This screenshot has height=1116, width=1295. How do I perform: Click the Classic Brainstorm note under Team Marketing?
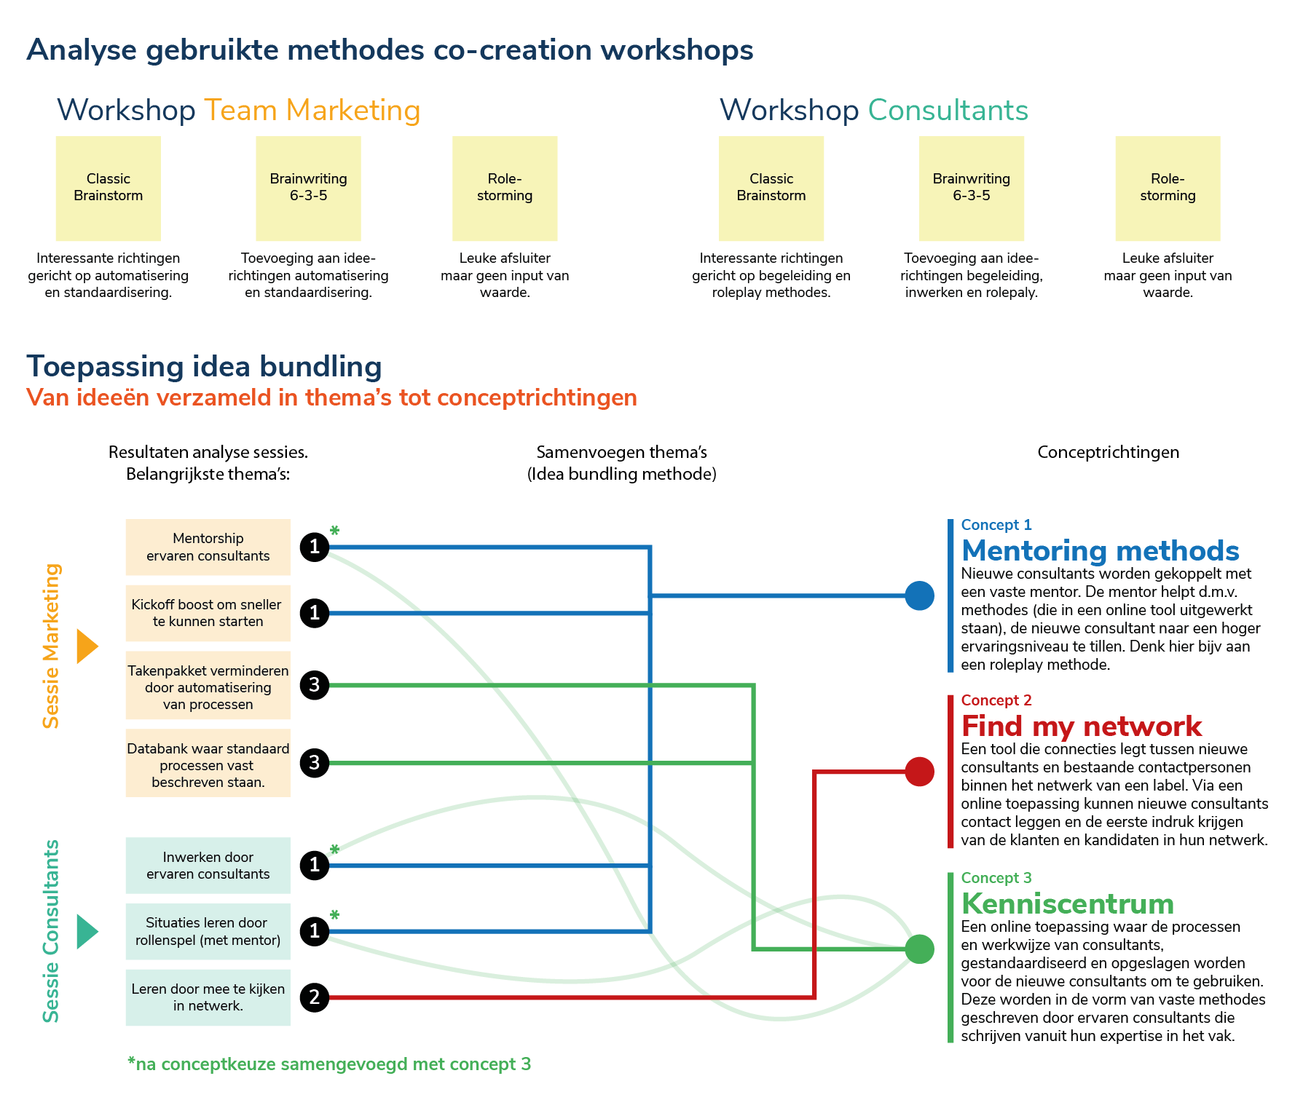[108, 188]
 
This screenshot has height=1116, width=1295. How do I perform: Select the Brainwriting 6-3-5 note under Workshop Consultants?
[971, 188]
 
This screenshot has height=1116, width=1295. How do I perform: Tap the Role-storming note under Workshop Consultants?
[1168, 188]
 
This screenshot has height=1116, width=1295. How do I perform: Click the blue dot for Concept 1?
[919, 595]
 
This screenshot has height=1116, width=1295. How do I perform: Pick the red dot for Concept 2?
[919, 772]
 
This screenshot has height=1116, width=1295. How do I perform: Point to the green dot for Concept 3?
[919, 949]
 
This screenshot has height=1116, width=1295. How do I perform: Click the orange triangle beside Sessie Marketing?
[87, 646]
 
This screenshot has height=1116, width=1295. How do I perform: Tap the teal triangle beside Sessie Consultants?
[87, 932]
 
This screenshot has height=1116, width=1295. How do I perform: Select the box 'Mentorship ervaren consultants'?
[208, 547]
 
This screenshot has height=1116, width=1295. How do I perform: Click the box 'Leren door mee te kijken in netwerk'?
[208, 997]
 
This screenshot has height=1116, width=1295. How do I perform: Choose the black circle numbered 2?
[315, 997]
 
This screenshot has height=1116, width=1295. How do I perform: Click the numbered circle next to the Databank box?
[315, 763]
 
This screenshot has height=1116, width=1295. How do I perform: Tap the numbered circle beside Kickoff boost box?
[315, 613]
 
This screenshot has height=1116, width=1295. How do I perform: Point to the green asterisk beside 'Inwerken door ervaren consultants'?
[334, 850]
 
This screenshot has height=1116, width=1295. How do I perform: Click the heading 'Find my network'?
[1081, 727]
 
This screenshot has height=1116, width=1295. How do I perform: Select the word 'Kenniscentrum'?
[1068, 904]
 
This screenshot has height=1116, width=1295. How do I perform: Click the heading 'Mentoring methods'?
[1100, 551]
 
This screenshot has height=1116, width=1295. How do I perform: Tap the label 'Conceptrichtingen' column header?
[1108, 452]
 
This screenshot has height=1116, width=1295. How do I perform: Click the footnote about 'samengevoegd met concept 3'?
[329, 1064]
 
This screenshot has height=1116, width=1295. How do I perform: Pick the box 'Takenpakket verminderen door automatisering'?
[208, 686]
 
